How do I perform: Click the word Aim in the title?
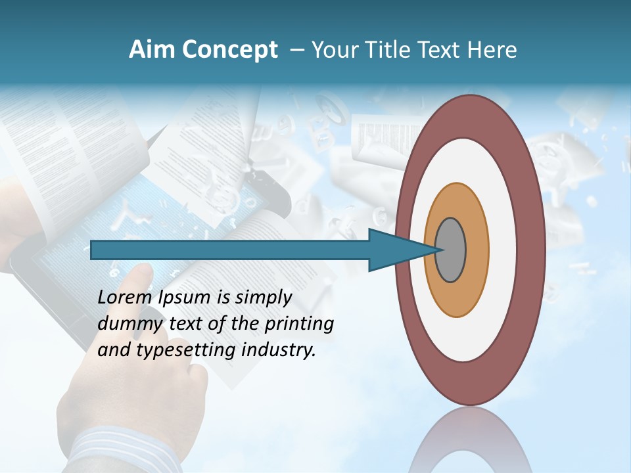[151, 50]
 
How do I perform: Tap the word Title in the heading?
[393, 50]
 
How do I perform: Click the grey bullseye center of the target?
[451, 250]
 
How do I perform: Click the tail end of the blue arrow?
[93, 250]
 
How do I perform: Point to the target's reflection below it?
[470, 443]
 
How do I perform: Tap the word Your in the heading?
[336, 50]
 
